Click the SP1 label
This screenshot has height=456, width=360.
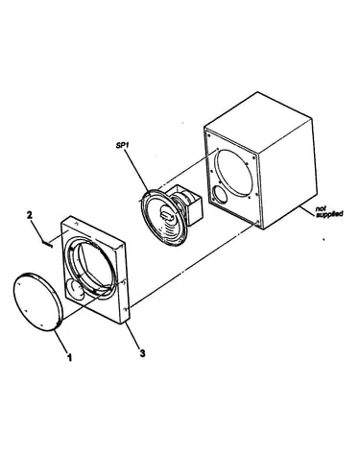coord(122,146)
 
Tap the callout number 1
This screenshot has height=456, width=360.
coord(69,357)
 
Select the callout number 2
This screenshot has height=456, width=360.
coord(30,215)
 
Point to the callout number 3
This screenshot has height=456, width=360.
coord(142,353)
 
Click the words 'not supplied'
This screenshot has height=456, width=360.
coord(329,211)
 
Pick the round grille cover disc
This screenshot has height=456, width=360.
coord(36,301)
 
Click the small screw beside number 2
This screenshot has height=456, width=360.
coord(47,244)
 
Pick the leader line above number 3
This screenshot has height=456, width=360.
coord(132,335)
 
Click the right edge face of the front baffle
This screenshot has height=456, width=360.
coord(125,284)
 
